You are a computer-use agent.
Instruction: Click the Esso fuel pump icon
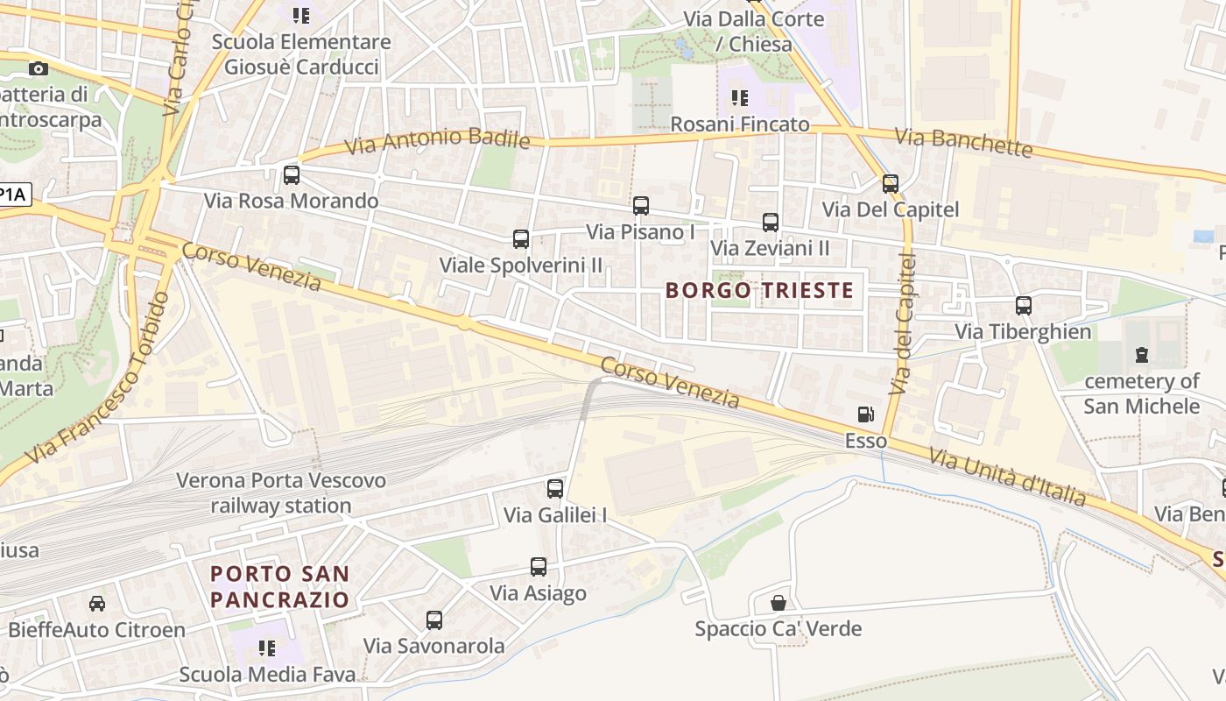tap(865, 414)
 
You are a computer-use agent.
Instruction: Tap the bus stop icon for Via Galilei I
tap(555, 489)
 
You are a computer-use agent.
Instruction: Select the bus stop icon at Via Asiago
tap(539, 567)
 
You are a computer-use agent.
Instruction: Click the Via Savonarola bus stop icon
tap(434, 620)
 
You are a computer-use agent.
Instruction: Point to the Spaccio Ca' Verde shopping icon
tap(778, 603)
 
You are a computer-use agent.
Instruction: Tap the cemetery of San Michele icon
tap(1141, 355)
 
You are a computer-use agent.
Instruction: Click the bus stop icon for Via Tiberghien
tap(1023, 306)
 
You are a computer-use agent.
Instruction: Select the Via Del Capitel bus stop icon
tap(891, 184)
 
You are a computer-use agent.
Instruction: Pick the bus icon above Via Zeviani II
tap(770, 223)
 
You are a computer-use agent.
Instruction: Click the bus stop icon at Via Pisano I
tap(641, 206)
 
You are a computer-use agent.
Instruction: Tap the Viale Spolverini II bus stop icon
tap(521, 239)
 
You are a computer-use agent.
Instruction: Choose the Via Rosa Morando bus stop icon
tap(292, 175)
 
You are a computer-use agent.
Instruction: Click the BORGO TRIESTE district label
tap(759, 290)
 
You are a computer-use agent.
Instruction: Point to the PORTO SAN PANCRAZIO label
tap(279, 587)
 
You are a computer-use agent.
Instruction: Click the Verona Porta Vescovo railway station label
tap(280, 493)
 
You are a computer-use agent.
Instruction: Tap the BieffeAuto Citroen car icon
tap(97, 604)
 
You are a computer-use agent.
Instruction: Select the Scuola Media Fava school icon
tap(267, 648)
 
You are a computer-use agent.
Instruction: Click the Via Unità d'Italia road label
tap(1007, 478)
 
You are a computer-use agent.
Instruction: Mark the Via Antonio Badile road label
tap(437, 140)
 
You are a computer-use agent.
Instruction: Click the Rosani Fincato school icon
tap(740, 98)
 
